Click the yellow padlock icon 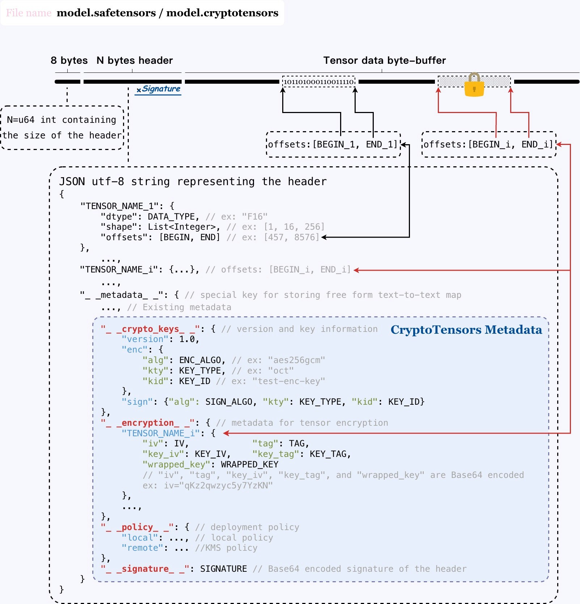474,86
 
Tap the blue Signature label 159,89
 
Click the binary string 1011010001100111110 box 318,82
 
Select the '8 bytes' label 69,61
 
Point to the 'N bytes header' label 135,61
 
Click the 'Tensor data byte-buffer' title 384,61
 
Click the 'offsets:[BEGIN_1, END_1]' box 333,145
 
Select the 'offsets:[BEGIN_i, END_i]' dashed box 488,145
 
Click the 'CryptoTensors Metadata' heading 466,330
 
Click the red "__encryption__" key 148,423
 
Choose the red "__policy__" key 137,527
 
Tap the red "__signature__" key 145,569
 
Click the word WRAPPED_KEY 250,465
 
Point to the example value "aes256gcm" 297,360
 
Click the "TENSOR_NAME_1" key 119,206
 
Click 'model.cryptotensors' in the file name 222,13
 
